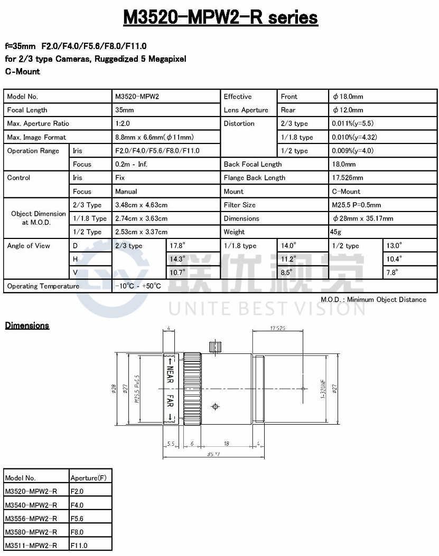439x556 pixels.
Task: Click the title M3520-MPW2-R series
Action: click(220, 17)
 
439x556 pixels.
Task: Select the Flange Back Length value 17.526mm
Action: click(348, 178)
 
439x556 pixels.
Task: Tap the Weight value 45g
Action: click(335, 232)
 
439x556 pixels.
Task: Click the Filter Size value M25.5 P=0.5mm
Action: click(356, 205)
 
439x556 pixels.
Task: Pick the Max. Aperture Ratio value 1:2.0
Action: click(123, 123)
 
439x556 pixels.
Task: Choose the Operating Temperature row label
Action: click(43, 286)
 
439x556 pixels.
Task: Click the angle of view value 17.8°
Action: click(177, 245)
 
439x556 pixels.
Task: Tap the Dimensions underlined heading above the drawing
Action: click(27, 325)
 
